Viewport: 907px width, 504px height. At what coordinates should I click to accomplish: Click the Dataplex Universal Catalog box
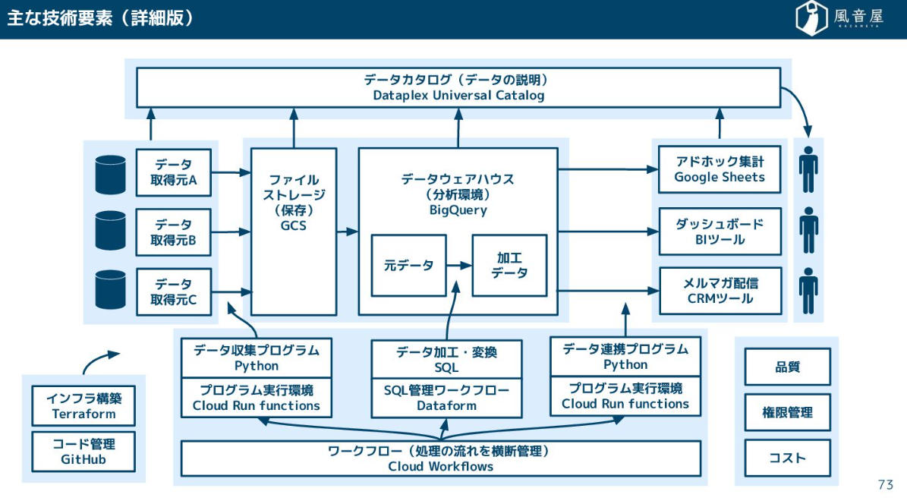pyautogui.click(x=458, y=87)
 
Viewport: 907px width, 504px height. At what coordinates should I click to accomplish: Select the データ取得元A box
pyautogui.click(x=173, y=172)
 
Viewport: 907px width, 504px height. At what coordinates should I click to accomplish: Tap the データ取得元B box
pyautogui.click(x=173, y=232)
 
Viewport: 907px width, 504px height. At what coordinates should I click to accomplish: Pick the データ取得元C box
pyautogui.click(x=173, y=292)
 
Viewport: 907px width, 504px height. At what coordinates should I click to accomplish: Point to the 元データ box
pyautogui.click(x=408, y=266)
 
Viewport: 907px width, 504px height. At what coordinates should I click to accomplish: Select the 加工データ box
pyautogui.click(x=509, y=266)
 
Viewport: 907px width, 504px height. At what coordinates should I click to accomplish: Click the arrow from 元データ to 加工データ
pyautogui.click(x=459, y=266)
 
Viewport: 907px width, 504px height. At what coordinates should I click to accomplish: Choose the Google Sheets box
pyautogui.click(x=720, y=169)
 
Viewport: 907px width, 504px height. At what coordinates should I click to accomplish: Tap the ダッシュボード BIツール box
pyautogui.click(x=720, y=232)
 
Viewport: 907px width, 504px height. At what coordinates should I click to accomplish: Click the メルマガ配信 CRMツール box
pyautogui.click(x=720, y=291)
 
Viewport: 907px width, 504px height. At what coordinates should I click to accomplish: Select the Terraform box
pyautogui.click(x=83, y=406)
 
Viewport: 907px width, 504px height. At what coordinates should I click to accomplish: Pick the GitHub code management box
pyautogui.click(x=83, y=452)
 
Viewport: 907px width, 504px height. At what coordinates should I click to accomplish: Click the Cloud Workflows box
pyautogui.click(x=440, y=458)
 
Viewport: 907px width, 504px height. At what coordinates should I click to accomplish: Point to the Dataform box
pyautogui.click(x=446, y=398)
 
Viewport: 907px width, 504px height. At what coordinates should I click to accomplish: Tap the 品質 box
pyautogui.click(x=787, y=367)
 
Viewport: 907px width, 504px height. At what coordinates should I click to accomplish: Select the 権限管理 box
pyautogui.click(x=787, y=413)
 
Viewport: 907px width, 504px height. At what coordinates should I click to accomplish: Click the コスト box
pyautogui.click(x=787, y=458)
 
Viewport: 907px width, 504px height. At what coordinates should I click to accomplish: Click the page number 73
pyautogui.click(x=885, y=485)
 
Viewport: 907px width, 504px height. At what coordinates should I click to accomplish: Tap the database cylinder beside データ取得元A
pyautogui.click(x=110, y=174)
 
